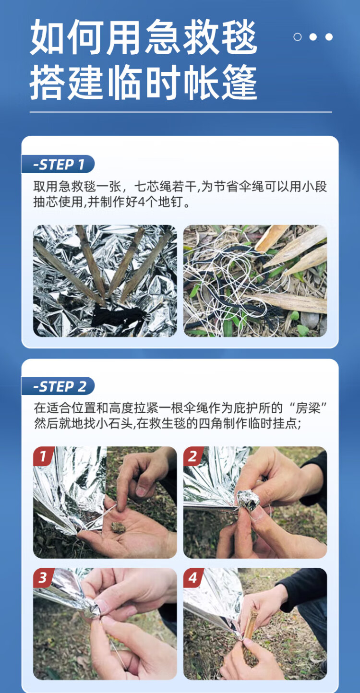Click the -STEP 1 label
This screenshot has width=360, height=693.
58,164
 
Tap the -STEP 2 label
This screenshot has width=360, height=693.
58,386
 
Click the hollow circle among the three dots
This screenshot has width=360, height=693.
297,37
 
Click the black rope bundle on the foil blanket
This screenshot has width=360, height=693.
118,316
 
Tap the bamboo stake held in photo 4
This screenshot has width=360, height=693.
250,631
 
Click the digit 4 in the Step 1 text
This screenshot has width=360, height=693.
141,202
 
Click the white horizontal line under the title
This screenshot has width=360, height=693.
181,112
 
